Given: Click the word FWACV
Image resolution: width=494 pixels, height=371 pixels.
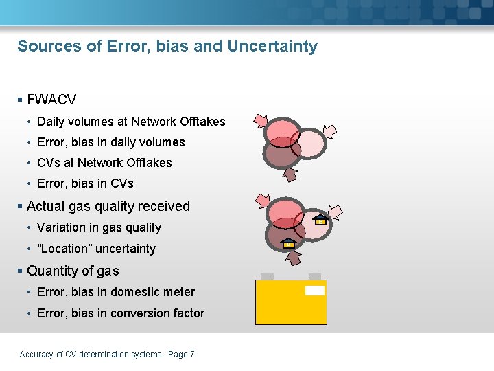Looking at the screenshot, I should click(x=51, y=100).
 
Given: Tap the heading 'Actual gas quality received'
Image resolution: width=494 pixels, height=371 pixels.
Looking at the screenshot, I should click(x=108, y=206).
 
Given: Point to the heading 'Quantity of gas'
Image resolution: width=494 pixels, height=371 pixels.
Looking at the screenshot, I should click(x=73, y=271).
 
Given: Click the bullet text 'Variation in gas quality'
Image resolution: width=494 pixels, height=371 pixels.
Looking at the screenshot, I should click(x=99, y=227).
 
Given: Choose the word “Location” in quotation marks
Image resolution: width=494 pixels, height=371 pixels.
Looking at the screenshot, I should click(x=67, y=249).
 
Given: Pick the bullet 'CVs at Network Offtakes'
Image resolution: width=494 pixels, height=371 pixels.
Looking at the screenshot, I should click(x=104, y=163).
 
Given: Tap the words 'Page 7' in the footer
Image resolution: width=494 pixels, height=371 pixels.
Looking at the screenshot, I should click(x=181, y=355).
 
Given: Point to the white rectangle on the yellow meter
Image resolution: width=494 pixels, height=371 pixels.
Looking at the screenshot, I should click(x=314, y=291).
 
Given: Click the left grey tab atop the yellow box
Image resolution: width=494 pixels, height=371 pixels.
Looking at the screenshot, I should click(x=267, y=276).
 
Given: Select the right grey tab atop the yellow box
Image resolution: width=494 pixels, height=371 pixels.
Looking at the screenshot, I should click(x=315, y=276).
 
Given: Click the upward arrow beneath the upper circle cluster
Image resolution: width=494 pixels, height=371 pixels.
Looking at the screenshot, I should click(x=290, y=175).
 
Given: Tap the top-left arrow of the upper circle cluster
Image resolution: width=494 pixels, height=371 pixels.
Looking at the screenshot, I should click(x=261, y=121).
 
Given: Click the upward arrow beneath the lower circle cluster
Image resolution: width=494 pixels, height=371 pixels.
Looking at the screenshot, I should click(x=294, y=257).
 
